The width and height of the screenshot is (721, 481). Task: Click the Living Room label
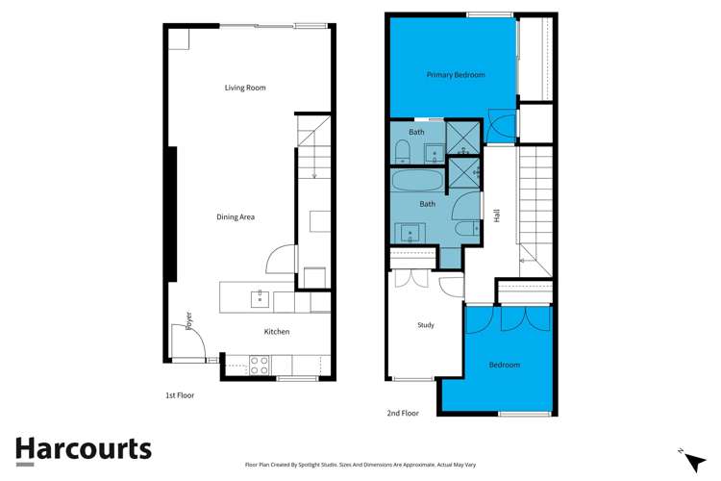(245, 88)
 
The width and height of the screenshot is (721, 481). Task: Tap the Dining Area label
(236, 217)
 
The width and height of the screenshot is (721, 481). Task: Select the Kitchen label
(277, 332)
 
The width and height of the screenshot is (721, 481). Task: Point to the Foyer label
(189, 319)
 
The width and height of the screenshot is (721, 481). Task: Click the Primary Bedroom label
(456, 75)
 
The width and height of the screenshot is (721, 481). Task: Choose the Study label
(426, 325)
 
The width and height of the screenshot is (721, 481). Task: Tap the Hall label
(497, 216)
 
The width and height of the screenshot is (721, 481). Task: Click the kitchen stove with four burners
(260, 366)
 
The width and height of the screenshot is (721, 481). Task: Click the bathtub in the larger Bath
(417, 181)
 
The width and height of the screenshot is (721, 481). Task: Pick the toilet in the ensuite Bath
(403, 150)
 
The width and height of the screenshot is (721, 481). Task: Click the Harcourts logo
(84, 449)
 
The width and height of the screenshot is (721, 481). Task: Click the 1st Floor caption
(180, 395)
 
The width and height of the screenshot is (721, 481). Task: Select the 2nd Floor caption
(403, 413)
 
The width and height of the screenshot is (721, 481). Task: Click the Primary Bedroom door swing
(502, 123)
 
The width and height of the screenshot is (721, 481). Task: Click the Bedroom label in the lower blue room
(505, 365)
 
